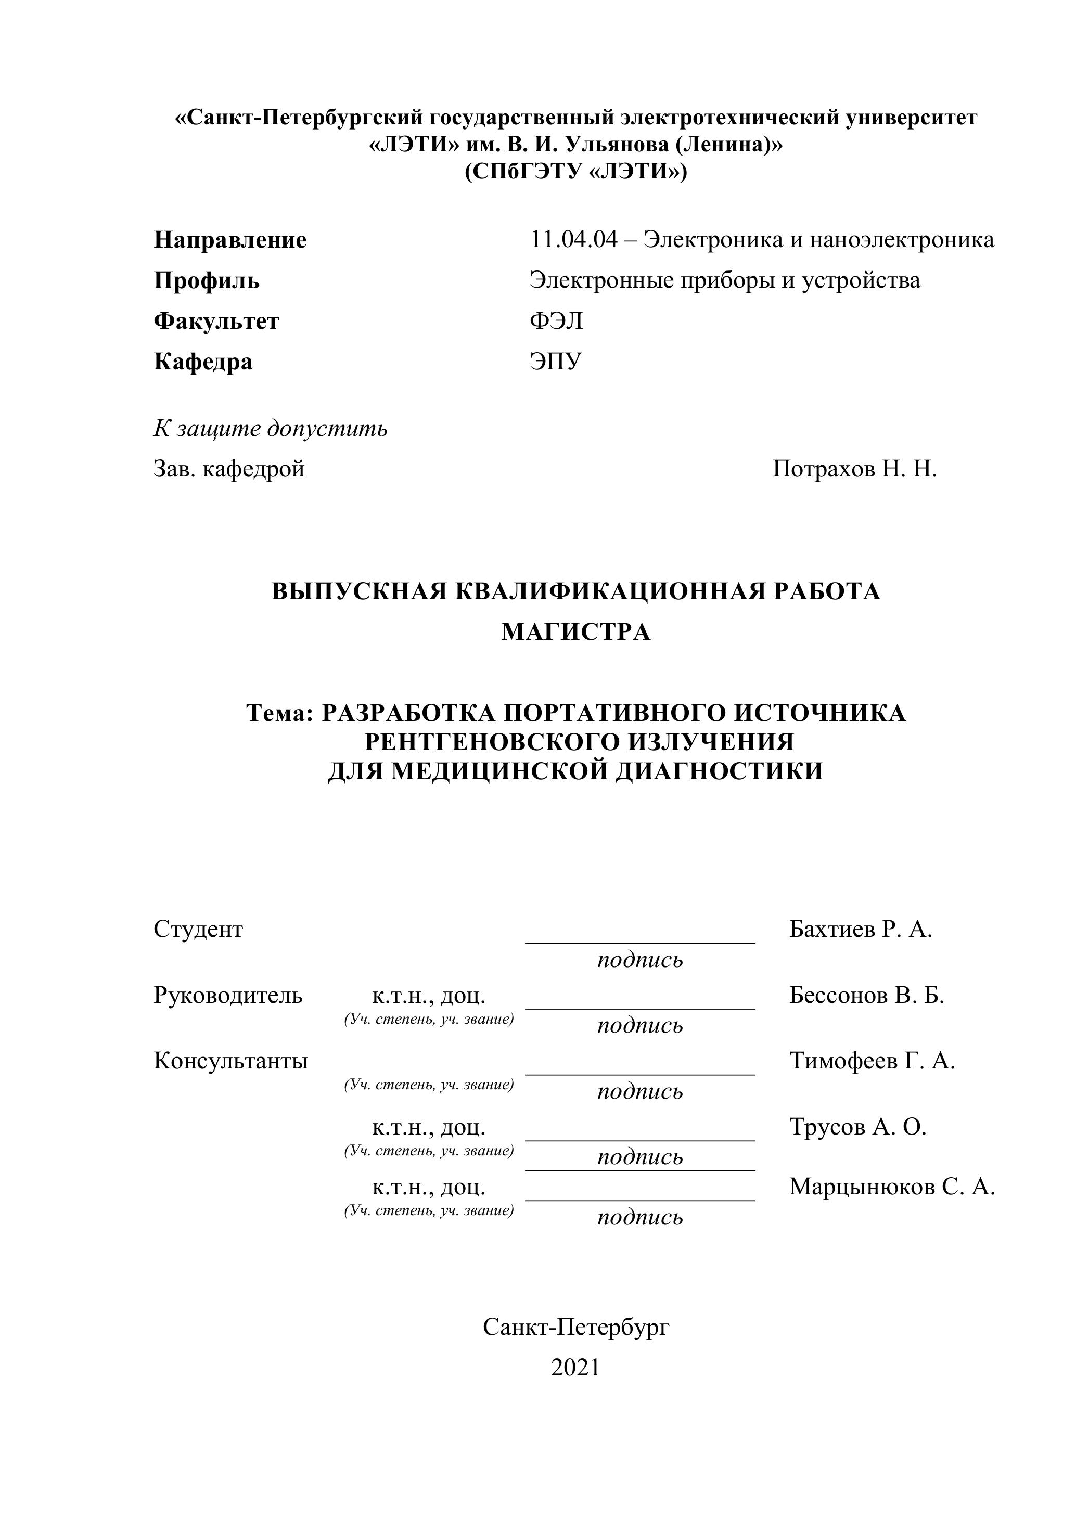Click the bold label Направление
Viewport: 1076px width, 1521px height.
230,240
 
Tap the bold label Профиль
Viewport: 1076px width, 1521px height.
207,280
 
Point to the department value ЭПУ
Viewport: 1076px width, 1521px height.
555,362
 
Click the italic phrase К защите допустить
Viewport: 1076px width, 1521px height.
271,429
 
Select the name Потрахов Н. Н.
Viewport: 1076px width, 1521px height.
854,469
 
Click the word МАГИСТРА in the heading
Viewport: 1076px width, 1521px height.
576,632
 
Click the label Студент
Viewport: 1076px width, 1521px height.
198,930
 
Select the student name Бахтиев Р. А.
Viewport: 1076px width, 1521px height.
861,930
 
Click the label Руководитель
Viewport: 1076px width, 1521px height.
228,995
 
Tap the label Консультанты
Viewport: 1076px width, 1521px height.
230,1061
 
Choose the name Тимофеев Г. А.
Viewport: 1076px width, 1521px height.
872,1061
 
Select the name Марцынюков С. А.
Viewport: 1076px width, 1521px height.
892,1187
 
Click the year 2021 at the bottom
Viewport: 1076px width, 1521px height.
575,1368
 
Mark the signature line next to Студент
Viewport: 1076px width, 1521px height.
640,942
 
